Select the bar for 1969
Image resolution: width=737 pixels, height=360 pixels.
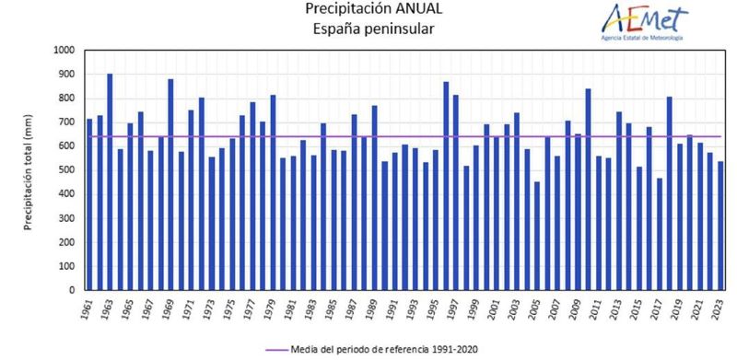tap(170, 184)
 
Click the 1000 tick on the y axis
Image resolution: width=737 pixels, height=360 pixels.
tap(64, 51)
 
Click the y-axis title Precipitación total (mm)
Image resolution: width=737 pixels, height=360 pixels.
tap(29, 170)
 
